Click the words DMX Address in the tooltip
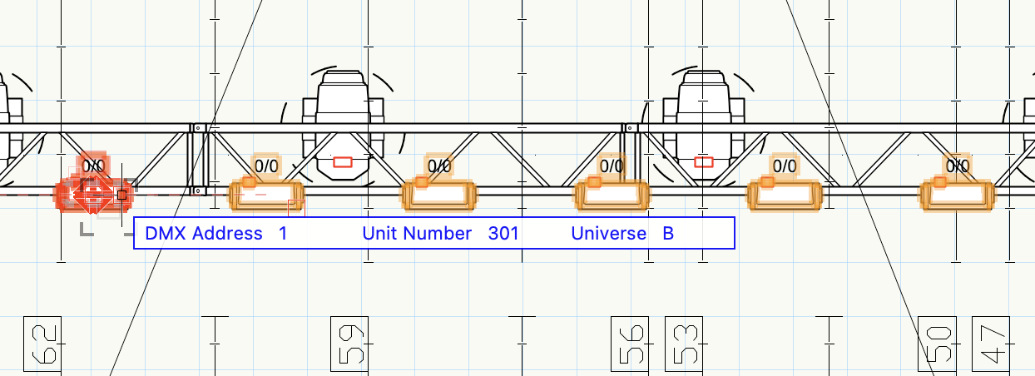pyautogui.click(x=204, y=234)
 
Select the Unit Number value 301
pyautogui.click(x=503, y=234)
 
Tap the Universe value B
pyautogui.click(x=668, y=234)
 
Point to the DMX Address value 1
pyautogui.click(x=283, y=234)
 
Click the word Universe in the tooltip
pyautogui.click(x=608, y=234)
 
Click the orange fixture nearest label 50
pyautogui.click(x=955, y=194)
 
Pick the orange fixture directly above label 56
pyautogui.click(x=612, y=194)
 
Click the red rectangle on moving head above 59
pyautogui.click(x=342, y=161)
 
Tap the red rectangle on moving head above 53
pyautogui.click(x=704, y=161)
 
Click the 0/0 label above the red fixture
pyautogui.click(x=93, y=166)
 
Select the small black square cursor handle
pyautogui.click(x=121, y=195)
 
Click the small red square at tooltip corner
pyautogui.click(x=296, y=207)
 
